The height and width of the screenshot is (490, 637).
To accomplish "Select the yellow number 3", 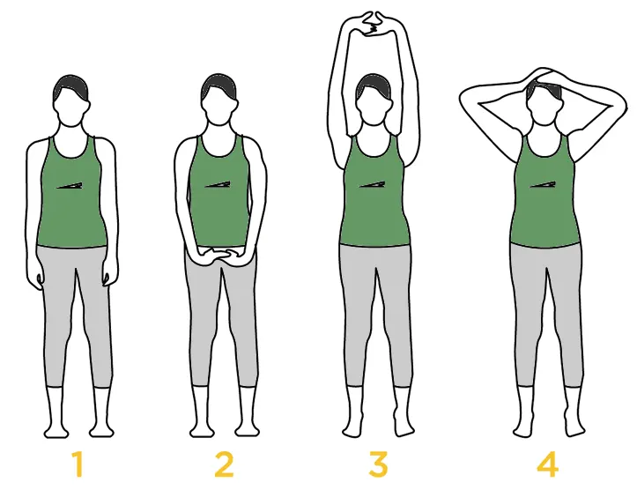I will coord(378,464).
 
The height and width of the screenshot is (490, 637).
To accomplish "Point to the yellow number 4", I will coord(546,464).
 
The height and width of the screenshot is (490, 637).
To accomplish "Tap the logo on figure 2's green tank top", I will coord(218,184).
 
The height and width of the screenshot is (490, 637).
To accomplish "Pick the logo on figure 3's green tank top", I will coord(373,184).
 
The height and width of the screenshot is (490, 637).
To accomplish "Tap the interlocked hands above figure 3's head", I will coord(374,22).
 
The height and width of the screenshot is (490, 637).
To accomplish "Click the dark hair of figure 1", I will coord(71,85).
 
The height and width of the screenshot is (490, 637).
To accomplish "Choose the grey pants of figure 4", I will coord(546,300).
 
